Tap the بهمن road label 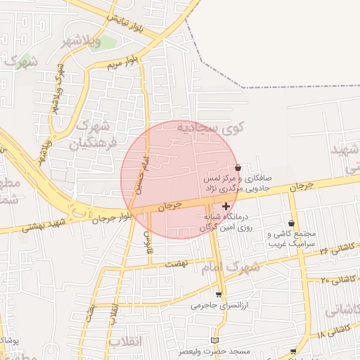[x=91, y=312]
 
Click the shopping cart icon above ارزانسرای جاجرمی [x=219, y=295]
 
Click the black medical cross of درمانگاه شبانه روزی [x=226, y=206]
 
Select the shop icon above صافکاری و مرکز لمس [x=238, y=167]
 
